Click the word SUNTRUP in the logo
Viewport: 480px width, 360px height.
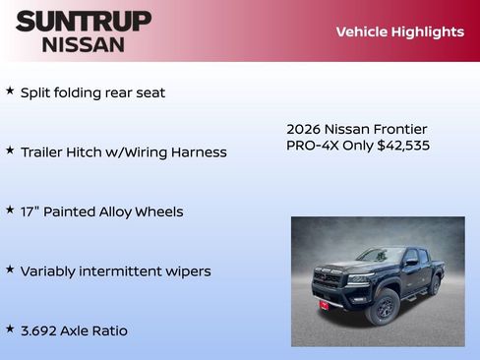pos(84,21)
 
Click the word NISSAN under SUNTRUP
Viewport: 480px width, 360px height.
pos(84,43)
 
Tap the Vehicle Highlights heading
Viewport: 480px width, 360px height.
pos(399,31)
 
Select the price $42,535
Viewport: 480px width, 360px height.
pos(403,146)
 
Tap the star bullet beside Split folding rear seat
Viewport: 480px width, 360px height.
pos(10,90)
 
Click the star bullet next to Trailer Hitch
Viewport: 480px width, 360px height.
pos(10,150)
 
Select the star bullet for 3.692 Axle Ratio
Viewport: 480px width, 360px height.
pos(10,329)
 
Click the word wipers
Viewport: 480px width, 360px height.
pos(187,270)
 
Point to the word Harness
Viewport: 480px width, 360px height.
pos(198,152)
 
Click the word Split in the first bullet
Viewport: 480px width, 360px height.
pos(34,92)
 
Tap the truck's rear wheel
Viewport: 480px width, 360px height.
pos(434,285)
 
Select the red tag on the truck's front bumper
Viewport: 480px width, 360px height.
pos(323,305)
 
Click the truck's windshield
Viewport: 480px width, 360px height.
pos(380,256)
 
